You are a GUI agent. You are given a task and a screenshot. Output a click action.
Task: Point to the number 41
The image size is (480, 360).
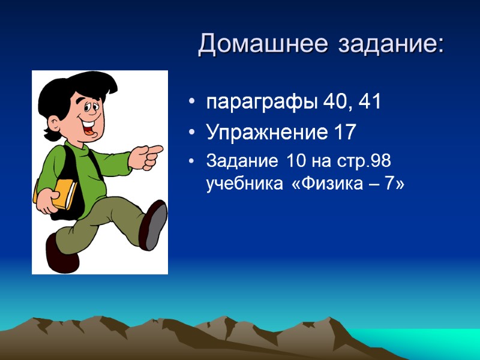(x=369, y=103)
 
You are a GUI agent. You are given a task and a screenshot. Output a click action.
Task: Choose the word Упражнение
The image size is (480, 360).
(x=267, y=133)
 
